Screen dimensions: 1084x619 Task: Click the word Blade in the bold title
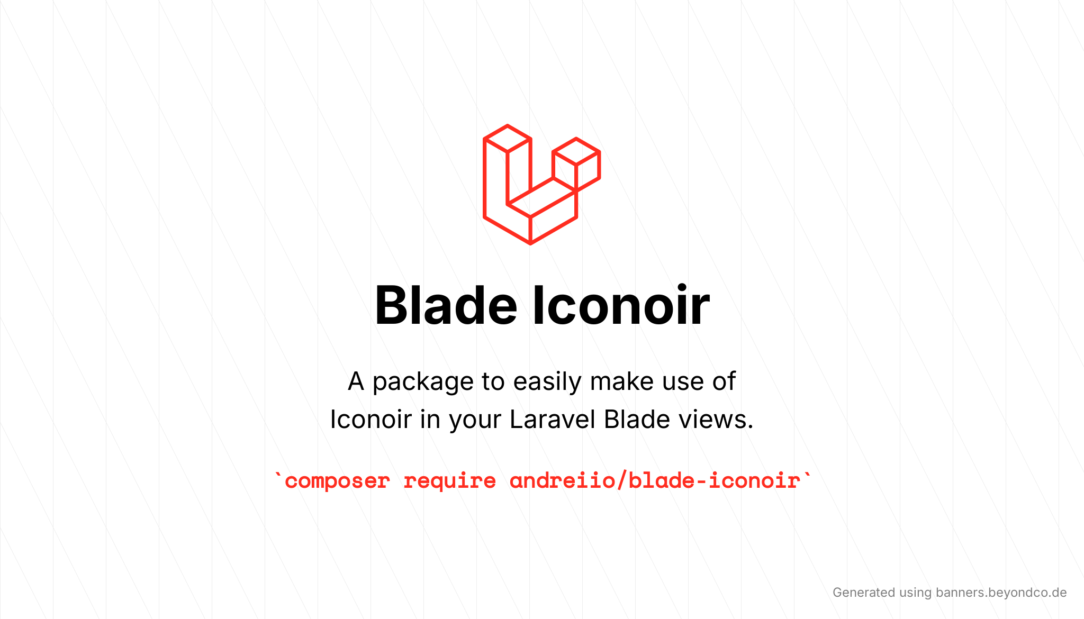(x=446, y=306)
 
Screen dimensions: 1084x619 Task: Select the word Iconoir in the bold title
(x=621, y=306)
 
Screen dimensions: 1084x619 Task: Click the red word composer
(x=337, y=481)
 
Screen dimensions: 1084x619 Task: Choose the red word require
(x=450, y=481)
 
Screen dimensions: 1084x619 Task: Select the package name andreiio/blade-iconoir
(x=655, y=480)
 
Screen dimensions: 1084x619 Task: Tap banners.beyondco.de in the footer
(x=1001, y=593)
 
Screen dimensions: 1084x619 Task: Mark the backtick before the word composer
(x=278, y=476)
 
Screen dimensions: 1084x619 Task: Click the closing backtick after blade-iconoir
(x=807, y=476)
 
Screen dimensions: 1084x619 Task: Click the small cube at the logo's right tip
(x=576, y=165)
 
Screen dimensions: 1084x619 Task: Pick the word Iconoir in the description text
(x=371, y=420)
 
